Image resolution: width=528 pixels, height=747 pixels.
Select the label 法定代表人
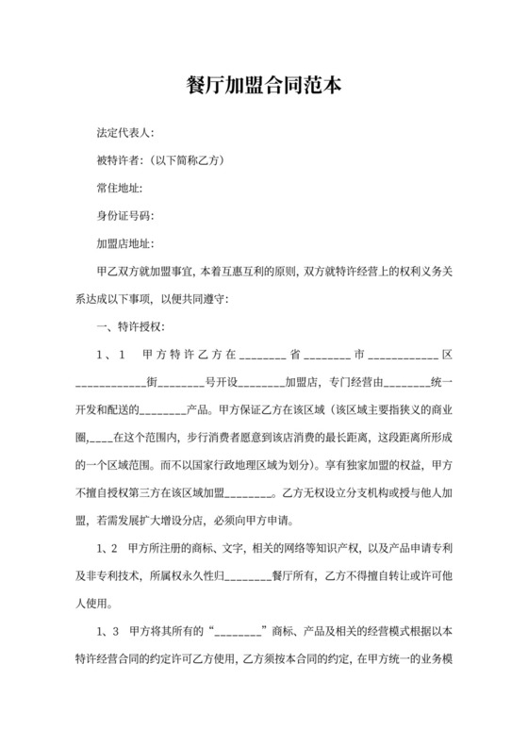(124, 134)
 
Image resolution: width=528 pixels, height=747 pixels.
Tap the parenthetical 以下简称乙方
(192, 161)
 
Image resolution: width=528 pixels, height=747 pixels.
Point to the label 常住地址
(118, 189)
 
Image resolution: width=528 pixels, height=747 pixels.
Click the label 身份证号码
(124, 216)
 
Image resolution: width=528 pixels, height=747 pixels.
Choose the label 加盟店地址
(124, 243)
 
